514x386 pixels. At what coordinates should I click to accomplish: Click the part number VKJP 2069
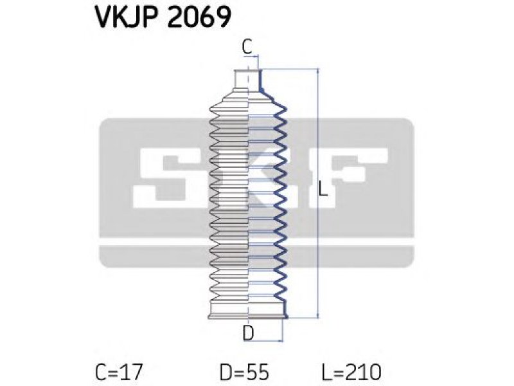click(x=163, y=17)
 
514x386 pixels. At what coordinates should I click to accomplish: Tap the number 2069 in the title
click(x=199, y=17)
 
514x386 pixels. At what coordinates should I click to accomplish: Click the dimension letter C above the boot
click(x=247, y=47)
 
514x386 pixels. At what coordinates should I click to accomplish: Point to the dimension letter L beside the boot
click(x=323, y=189)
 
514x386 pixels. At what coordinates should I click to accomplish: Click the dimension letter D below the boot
click(x=248, y=333)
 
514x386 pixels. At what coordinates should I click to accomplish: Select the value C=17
click(x=119, y=372)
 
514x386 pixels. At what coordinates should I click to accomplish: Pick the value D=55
click(x=244, y=372)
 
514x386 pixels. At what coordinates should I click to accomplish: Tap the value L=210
click(x=350, y=372)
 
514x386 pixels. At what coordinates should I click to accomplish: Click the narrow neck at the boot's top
click(x=247, y=79)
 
